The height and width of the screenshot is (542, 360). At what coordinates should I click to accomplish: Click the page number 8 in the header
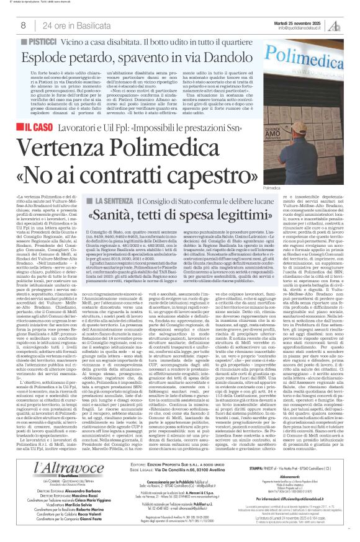coord(23,25)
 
